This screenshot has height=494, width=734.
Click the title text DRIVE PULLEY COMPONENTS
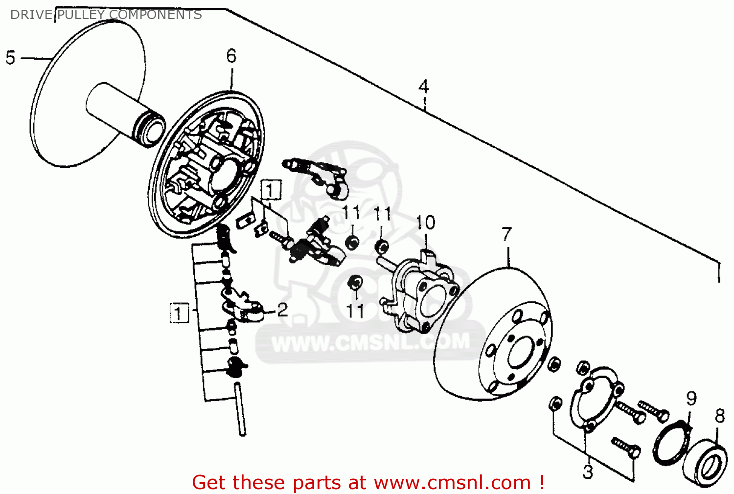tap(106, 15)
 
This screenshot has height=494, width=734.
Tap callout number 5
tap(10, 58)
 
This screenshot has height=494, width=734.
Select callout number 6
tap(231, 56)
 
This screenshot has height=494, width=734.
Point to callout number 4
tap(424, 86)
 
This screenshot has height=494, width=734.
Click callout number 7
tap(506, 234)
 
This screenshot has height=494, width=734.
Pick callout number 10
tap(425, 223)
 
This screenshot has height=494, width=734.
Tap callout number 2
tap(282, 310)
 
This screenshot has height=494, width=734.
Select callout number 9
tap(691, 399)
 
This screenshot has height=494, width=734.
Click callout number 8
tap(719, 416)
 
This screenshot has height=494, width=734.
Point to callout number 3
tap(588, 472)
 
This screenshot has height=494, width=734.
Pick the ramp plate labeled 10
tap(426, 293)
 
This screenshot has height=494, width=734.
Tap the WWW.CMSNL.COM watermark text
tap(370, 342)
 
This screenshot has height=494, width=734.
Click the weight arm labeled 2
tap(240, 306)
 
